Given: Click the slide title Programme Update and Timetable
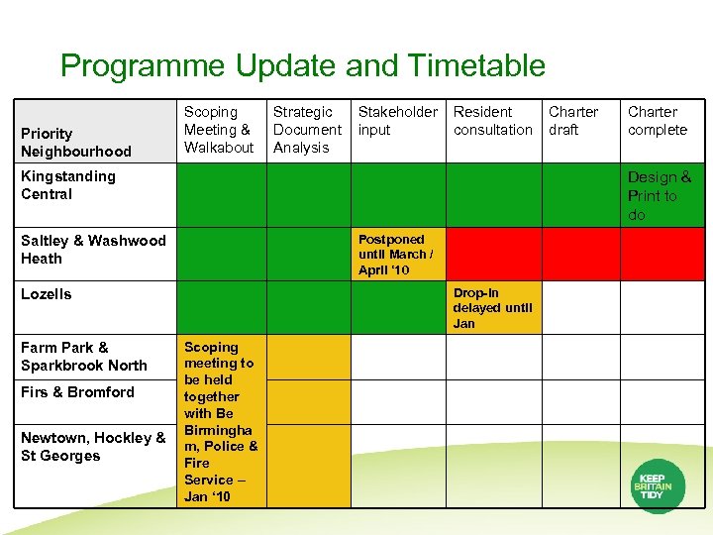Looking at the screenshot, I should pos(302,66).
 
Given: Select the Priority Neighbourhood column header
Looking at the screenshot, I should pos(76,142).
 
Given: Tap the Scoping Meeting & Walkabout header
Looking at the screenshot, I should pos(219,130).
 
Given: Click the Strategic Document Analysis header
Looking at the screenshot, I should pos(307,130).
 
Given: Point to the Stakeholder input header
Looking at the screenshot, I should pos(397,121).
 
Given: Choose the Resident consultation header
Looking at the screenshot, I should pos(492,121).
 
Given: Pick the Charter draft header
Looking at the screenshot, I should pos(573,121).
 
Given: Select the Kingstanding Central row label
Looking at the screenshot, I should pos(68,185).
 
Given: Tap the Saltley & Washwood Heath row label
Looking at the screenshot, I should pos(93,250).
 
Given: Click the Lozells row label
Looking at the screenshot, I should pos(47,294).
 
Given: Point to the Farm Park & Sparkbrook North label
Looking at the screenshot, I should pos(84,357).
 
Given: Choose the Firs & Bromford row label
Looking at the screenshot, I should pos(77,392).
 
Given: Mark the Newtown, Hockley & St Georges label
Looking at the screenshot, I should pos(93,447).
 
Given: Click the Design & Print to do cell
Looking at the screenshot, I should pos(659,196).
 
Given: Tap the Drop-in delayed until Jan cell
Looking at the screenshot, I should pos(493,308).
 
